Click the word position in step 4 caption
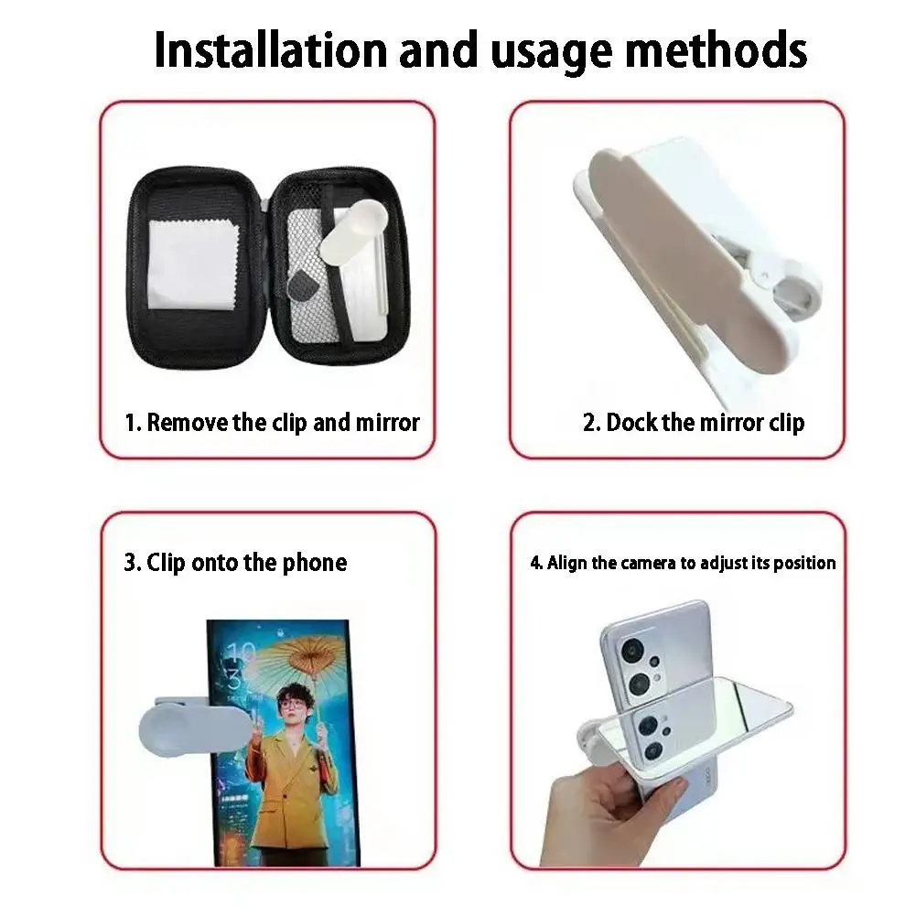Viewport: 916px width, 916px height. pyautogui.click(x=804, y=563)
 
